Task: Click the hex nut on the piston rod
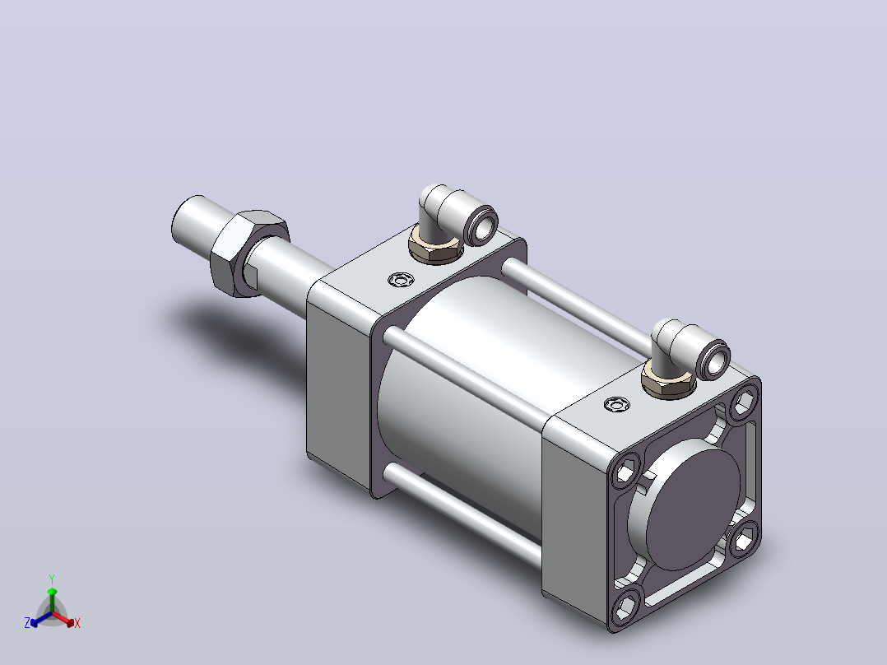click(x=248, y=253)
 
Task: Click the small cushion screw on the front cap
click(x=401, y=280)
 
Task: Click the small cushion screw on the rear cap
click(x=616, y=404)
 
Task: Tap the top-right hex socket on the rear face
click(x=745, y=402)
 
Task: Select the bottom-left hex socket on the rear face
click(x=625, y=607)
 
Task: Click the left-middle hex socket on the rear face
click(x=625, y=470)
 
